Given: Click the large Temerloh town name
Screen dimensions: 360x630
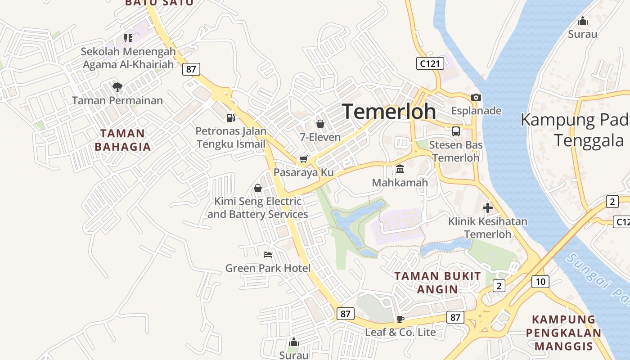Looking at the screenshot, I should click(x=389, y=112).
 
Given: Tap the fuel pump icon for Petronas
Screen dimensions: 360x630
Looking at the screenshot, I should click(x=230, y=118).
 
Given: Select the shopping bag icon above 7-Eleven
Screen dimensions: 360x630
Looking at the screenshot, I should click(x=320, y=123).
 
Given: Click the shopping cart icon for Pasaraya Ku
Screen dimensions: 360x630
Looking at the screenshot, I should click(x=304, y=159).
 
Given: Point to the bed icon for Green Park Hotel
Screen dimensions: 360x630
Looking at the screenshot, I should click(x=268, y=255).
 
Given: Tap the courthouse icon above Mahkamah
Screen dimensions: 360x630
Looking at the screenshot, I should click(x=400, y=169).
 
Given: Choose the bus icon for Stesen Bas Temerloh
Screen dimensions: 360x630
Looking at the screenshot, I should click(x=456, y=131).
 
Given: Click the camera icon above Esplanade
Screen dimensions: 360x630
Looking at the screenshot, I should click(x=476, y=97).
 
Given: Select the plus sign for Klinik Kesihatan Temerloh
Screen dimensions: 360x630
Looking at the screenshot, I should click(x=488, y=208).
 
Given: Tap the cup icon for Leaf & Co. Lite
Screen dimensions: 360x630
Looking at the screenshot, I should click(x=400, y=319).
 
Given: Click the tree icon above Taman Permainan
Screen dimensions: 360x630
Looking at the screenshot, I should click(x=117, y=86).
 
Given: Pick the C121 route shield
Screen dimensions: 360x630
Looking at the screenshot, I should click(x=429, y=63).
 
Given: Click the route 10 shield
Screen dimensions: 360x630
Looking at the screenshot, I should click(x=540, y=282).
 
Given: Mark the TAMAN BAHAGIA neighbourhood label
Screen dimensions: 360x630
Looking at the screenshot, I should click(x=123, y=140).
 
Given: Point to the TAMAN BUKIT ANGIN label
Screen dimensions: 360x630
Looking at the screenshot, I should click(x=437, y=283).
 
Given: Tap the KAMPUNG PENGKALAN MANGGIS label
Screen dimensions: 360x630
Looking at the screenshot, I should click(x=563, y=333).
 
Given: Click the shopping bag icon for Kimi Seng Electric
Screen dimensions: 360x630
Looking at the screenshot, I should click(x=258, y=188).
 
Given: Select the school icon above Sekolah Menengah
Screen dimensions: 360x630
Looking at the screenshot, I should click(x=128, y=38).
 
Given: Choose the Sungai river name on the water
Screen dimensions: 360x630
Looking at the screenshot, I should click(x=598, y=279).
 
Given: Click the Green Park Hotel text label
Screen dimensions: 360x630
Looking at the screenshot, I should click(x=268, y=269).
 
